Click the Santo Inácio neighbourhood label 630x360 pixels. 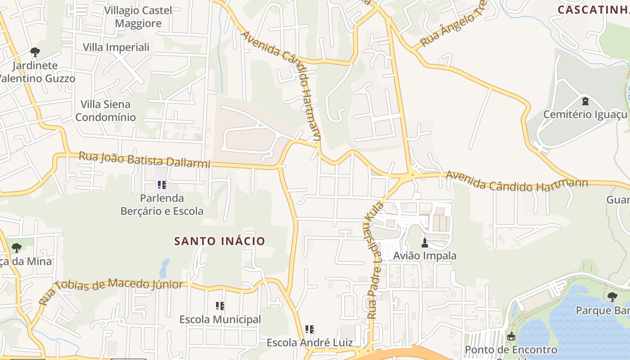click(x=220, y=241)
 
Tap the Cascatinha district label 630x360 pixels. click(x=593, y=9)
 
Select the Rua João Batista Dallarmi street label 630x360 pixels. click(x=144, y=160)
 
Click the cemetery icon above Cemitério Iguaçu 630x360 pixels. click(x=585, y=101)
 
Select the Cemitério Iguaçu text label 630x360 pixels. click(x=585, y=114)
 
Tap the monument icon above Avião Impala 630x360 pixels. click(x=424, y=243)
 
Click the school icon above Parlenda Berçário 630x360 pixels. click(x=162, y=184)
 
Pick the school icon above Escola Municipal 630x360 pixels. click(x=220, y=306)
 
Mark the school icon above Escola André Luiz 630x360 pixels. click(x=310, y=330)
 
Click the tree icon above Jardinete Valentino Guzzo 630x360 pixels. click(x=35, y=52)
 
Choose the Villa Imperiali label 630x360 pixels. click(x=116, y=47)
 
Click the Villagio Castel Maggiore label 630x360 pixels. click(x=138, y=17)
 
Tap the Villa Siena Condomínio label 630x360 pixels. click(x=105, y=111)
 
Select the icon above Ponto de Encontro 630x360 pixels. click(x=511, y=337)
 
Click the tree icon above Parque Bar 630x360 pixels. click(x=612, y=297)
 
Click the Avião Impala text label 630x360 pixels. click(x=424, y=256)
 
